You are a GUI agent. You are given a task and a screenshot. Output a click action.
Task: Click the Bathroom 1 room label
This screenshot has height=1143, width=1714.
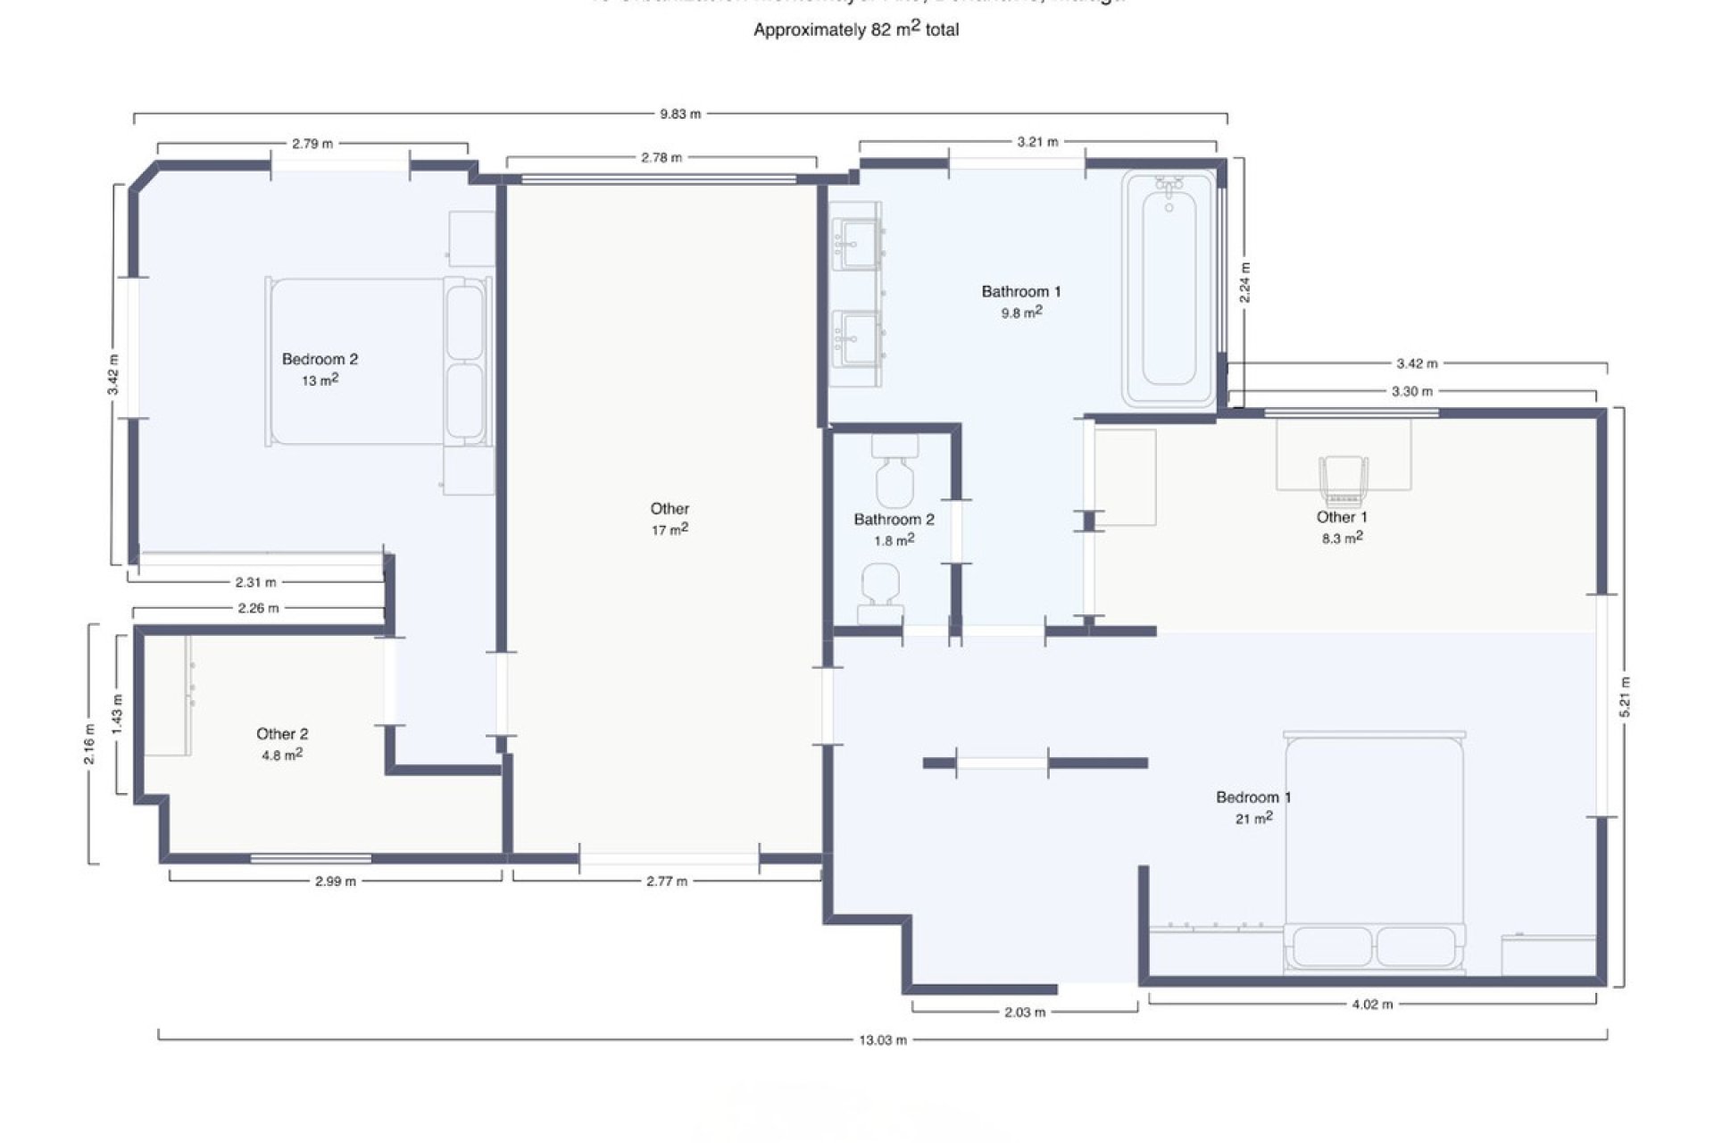(1020, 291)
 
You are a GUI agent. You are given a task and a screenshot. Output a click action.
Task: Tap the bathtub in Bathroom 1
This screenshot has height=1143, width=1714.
(1169, 288)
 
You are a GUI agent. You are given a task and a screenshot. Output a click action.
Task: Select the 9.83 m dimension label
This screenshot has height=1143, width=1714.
(680, 114)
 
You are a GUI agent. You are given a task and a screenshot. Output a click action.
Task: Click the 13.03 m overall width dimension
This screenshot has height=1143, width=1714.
(882, 1039)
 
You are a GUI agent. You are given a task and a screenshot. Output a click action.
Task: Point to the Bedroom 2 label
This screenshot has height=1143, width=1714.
(320, 359)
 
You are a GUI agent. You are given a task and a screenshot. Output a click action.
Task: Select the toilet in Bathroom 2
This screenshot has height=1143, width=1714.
(894, 473)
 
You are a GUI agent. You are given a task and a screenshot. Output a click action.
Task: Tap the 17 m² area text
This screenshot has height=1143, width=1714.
(670, 530)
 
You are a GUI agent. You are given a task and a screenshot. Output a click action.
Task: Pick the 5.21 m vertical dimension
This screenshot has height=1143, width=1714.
(1625, 697)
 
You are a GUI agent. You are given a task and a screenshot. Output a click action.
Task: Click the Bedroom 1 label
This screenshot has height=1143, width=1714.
(1253, 797)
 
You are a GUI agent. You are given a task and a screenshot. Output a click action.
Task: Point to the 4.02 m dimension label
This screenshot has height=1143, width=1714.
(1372, 1005)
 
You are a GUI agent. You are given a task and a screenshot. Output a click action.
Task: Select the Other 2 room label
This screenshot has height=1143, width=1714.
(282, 734)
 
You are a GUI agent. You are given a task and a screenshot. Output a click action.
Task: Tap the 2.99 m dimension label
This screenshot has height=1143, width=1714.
(336, 881)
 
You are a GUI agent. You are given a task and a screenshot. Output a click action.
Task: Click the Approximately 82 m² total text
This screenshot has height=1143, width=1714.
(855, 29)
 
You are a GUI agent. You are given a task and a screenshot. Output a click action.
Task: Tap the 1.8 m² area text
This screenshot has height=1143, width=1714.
(894, 540)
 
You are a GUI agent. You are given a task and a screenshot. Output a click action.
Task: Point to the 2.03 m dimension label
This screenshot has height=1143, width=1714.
(1024, 1013)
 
